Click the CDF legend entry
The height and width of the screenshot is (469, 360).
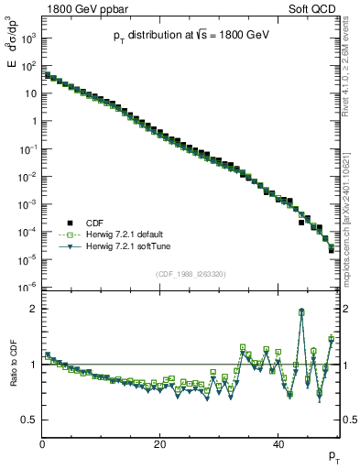94,222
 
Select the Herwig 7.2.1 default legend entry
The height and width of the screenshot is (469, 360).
118,234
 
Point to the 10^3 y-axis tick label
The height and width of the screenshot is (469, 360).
29,38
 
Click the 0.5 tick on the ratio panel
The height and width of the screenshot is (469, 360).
29,420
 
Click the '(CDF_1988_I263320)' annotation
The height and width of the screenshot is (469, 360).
190,274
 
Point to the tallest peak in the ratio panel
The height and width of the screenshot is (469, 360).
301,311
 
